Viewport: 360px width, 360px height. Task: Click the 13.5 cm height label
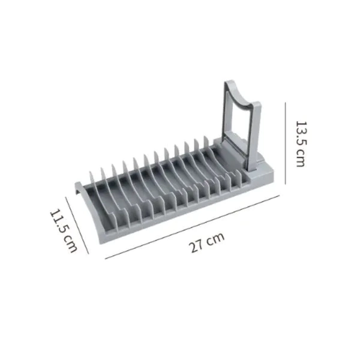pyautogui.click(x=301, y=144)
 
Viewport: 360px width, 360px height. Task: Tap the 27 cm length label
pyautogui.click(x=206, y=242)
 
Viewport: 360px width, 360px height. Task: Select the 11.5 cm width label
pyautogui.click(x=64, y=230)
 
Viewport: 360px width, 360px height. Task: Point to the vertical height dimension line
pyautogui.click(x=286, y=143)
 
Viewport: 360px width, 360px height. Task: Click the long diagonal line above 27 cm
pyautogui.click(x=192, y=227)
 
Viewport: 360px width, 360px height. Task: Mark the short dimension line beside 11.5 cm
pyautogui.click(x=77, y=225)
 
